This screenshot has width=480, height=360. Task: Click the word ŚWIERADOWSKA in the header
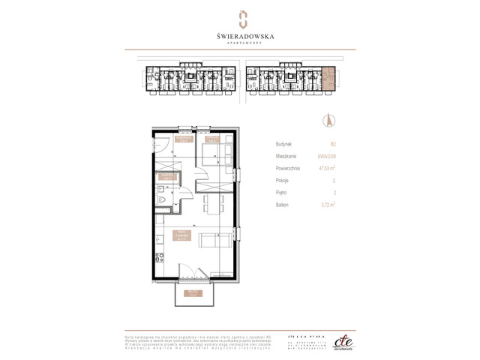click(x=240, y=34)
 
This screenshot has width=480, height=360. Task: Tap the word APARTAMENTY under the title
click(x=240, y=43)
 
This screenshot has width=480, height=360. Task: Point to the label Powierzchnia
click(x=287, y=168)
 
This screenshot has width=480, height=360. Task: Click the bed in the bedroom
click(x=211, y=156)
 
